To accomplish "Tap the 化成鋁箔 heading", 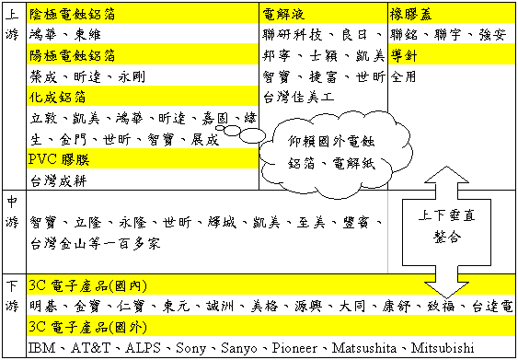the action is tap(56, 97).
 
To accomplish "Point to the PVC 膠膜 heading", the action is tap(57, 159).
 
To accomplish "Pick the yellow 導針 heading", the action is tap(401, 54).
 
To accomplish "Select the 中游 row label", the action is tap(12, 212).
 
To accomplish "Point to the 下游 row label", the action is tap(12, 294).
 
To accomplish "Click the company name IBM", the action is tap(42, 347).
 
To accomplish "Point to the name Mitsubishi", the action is tap(438, 347).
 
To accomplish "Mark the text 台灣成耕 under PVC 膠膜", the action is tap(58, 180).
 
